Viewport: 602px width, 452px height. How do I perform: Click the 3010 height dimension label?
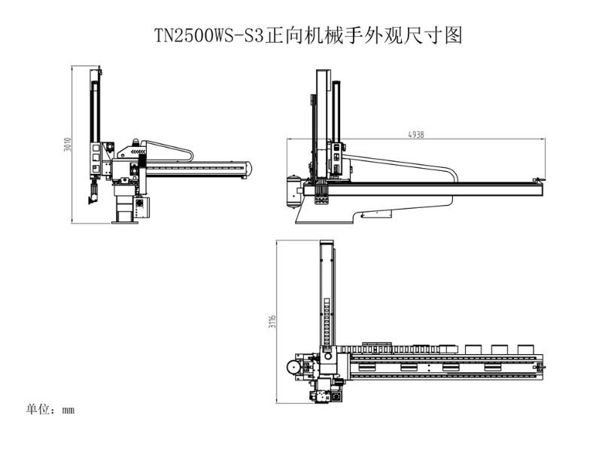68,145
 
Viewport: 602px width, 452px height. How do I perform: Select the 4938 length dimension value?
416,135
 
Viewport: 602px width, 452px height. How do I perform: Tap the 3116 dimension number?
272,322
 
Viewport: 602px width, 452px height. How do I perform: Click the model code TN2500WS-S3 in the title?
210,35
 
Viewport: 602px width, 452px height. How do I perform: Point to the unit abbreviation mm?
68,410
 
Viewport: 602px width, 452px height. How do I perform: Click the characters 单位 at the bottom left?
38,409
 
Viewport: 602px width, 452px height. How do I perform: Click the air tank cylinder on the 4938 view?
293,192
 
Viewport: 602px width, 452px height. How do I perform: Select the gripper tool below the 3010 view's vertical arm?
93,194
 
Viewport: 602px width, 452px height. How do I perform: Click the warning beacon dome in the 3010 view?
135,142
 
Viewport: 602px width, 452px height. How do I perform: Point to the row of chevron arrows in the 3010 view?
138,152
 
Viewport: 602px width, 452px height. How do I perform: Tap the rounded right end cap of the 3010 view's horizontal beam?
249,169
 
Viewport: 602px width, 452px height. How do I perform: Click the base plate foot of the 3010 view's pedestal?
125,222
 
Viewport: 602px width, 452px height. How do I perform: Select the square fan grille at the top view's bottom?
336,397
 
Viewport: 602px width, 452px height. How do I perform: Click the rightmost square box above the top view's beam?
525,349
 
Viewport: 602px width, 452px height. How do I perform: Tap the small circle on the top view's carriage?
328,356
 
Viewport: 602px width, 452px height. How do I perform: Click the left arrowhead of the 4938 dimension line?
289,139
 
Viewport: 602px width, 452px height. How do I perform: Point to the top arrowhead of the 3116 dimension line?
276,243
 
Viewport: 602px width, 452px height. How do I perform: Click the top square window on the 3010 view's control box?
96,148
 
